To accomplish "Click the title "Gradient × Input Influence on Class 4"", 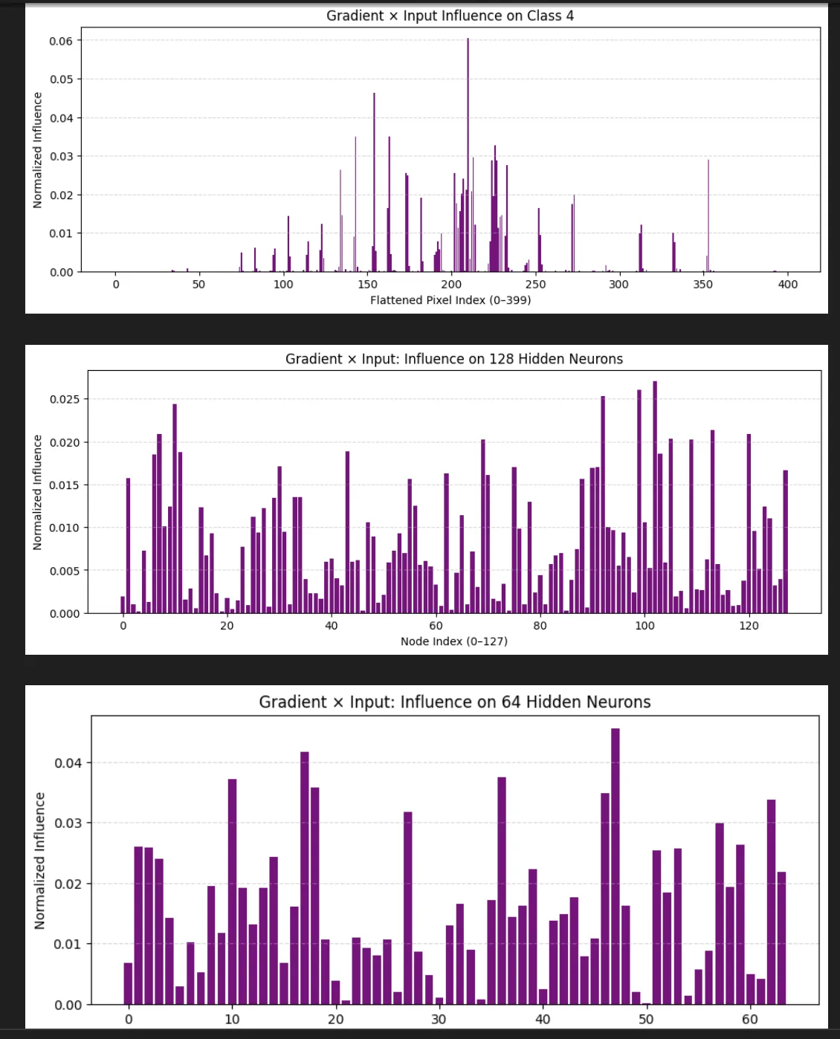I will pyautogui.click(x=450, y=16).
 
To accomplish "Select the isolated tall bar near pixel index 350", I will pyautogui.click(x=708, y=216).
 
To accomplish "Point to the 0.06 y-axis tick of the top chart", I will pyautogui.click(x=61, y=41).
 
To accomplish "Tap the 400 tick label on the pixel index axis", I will pyautogui.click(x=787, y=284).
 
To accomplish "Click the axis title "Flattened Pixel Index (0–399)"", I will pyautogui.click(x=450, y=300).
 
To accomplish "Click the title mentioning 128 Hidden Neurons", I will pyautogui.click(x=453, y=359).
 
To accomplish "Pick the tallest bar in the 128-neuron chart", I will pyautogui.click(x=655, y=498).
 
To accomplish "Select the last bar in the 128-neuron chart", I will pyautogui.click(x=785, y=542).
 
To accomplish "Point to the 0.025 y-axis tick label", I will pyautogui.click(x=65, y=399).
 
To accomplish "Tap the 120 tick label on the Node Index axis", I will pyautogui.click(x=749, y=626).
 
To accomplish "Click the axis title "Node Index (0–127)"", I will pyautogui.click(x=453, y=641).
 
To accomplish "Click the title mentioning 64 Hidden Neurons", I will pyautogui.click(x=454, y=702).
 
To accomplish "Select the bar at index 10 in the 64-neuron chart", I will pyautogui.click(x=232, y=892).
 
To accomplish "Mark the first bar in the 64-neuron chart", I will pyautogui.click(x=128, y=984).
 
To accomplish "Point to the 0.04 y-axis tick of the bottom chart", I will pyautogui.click(x=68, y=763).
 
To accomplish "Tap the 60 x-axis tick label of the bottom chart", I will pyautogui.click(x=749, y=1019).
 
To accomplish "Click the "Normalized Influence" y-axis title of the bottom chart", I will pyautogui.click(x=40, y=861).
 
